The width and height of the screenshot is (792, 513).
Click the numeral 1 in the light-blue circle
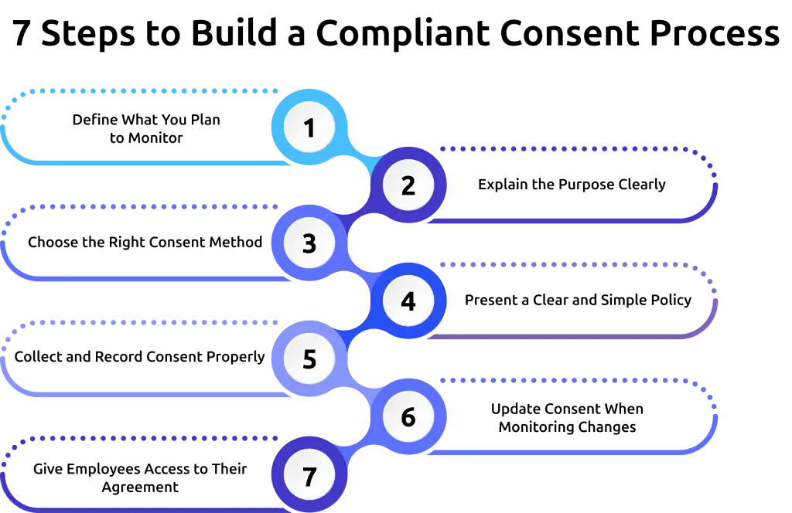click(309, 127)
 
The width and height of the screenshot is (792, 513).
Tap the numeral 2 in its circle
click(408, 185)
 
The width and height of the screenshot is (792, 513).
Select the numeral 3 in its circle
click(309, 243)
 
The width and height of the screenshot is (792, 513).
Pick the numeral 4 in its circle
click(408, 301)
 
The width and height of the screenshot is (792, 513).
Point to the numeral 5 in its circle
click(309, 359)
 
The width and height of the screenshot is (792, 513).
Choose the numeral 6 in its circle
click(408, 417)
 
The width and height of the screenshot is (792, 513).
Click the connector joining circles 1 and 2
click(359, 158)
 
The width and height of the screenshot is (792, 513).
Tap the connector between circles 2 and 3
click(357, 216)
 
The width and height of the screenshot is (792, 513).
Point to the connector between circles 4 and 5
click(357, 331)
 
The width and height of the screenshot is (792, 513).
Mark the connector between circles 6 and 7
click(357, 447)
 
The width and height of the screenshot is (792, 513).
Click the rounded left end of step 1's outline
click(5, 127)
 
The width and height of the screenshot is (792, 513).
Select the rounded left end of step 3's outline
click(5, 243)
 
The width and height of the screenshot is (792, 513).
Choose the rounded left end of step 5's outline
click(5, 359)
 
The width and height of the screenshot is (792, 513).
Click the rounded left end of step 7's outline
click(5, 473)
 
